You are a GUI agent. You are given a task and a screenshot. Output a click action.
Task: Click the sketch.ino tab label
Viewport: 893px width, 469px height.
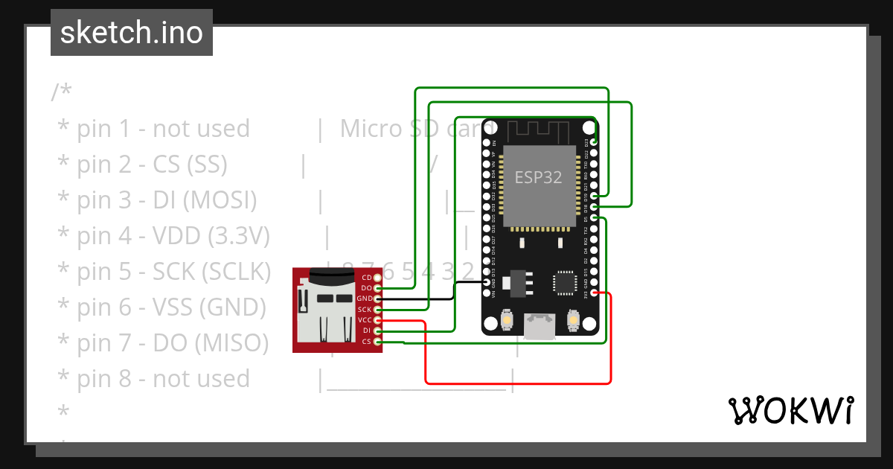pyautogui.click(x=131, y=33)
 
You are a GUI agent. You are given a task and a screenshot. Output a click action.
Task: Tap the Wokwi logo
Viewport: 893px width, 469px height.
pyautogui.click(x=790, y=411)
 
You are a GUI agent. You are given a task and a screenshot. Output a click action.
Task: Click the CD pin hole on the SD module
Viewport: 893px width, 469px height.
pyautogui.click(x=378, y=278)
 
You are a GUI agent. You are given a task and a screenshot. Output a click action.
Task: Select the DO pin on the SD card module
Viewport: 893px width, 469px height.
pyautogui.click(x=378, y=288)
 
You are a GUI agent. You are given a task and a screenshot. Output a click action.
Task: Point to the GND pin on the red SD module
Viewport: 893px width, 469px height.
pyautogui.click(x=378, y=299)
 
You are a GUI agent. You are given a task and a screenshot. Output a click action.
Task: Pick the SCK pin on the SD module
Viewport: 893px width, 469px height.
pyautogui.click(x=378, y=309)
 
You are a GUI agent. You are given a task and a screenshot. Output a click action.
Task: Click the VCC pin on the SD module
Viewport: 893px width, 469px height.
pyautogui.click(x=378, y=320)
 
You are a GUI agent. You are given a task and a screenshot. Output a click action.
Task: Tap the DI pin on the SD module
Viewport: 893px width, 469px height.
pyautogui.click(x=378, y=331)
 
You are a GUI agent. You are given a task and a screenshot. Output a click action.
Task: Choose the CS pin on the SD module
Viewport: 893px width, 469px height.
pyautogui.click(x=378, y=341)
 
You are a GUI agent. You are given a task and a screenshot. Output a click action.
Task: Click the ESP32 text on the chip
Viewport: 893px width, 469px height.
pyautogui.click(x=539, y=177)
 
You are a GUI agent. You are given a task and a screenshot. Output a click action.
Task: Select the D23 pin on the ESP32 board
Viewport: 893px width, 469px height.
pyautogui.click(x=594, y=141)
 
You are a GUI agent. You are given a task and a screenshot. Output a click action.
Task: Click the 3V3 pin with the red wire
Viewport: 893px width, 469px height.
pyautogui.click(x=594, y=293)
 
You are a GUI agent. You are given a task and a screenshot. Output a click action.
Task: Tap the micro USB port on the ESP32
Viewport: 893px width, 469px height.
pyautogui.click(x=540, y=325)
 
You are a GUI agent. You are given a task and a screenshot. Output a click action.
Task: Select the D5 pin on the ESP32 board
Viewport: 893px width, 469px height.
pyautogui.click(x=594, y=218)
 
